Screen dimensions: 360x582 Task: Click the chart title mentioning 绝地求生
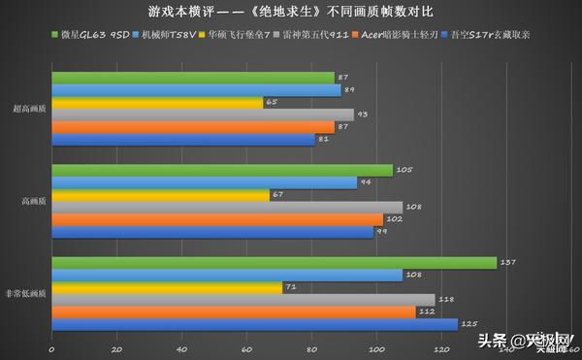pos(291,14)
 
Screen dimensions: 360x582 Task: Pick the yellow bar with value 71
pos(167,287)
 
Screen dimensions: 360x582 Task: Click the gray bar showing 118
pos(243,299)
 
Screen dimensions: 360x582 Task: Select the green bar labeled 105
pos(222,171)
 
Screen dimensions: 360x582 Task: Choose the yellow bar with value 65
pos(157,102)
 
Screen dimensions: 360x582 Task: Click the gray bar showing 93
pos(203,115)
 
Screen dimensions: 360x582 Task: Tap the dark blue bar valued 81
pos(183,139)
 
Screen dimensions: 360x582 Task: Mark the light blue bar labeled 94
pos(205,182)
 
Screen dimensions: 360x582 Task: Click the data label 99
pos(380,232)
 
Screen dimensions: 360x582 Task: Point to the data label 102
pos(390,219)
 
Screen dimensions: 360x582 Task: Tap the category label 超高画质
pos(27,109)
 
